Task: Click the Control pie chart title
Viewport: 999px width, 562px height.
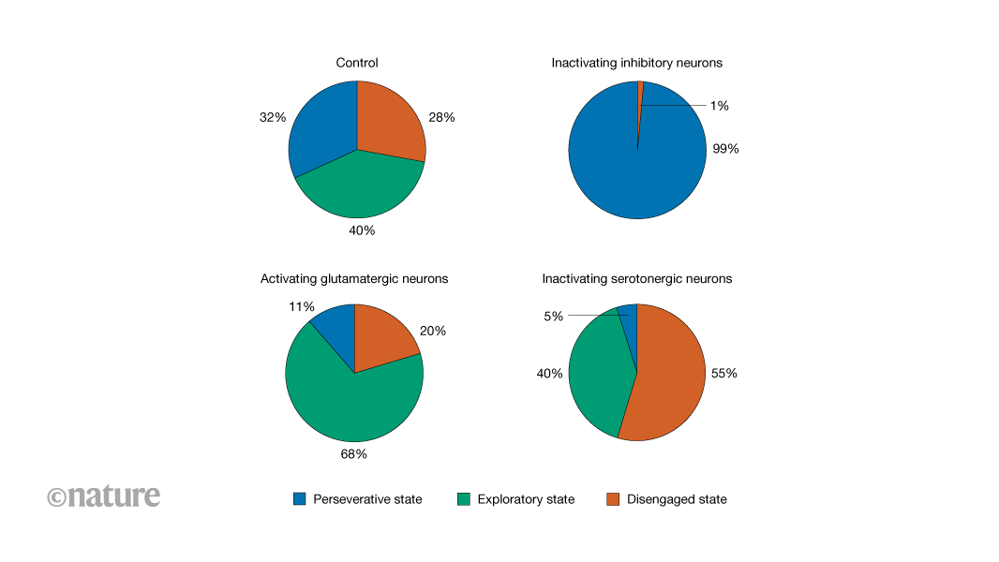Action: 357,63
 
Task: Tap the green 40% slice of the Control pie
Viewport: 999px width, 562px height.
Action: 361,187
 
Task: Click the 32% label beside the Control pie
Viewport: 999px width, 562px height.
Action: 273,118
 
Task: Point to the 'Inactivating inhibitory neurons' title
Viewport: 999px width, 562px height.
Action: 636,63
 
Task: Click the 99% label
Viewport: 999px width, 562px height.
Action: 725,148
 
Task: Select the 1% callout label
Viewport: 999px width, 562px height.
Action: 719,106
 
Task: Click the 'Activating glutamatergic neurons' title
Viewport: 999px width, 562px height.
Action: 354,278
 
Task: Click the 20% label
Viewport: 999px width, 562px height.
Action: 433,331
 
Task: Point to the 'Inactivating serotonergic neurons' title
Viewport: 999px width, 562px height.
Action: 637,278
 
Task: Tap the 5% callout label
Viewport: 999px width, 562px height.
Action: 553,317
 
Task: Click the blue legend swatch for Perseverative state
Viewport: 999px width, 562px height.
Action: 299,499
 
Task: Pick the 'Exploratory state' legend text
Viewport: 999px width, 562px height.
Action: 526,499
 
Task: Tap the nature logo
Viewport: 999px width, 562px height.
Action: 104,496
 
